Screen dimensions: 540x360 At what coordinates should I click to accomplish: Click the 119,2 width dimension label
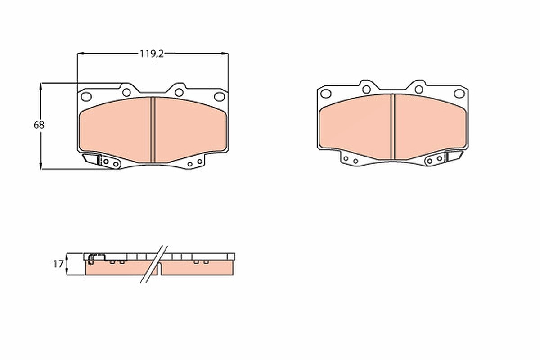tap(152, 54)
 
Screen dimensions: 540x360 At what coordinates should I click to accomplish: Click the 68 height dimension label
tap(39, 125)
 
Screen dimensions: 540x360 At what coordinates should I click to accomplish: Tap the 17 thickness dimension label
tap(58, 264)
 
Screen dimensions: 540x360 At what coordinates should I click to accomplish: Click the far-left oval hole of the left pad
tap(86, 97)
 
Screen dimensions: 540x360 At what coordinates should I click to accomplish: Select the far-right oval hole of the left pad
tap(220, 97)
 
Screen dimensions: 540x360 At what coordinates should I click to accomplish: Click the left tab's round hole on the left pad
tap(126, 92)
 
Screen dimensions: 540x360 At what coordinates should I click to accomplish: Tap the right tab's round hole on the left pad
tap(179, 92)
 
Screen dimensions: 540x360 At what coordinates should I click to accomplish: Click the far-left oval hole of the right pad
tap(326, 94)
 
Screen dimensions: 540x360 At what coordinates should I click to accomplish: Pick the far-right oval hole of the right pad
tap(459, 94)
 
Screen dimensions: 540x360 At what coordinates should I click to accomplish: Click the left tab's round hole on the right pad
tap(366, 90)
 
